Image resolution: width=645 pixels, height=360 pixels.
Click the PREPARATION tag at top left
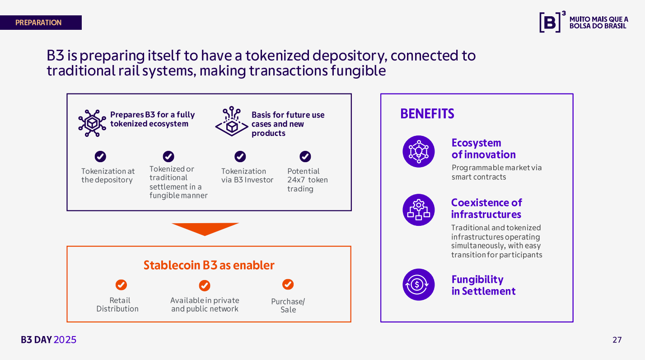tap(41, 23)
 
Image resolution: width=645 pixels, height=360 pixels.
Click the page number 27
tap(617, 340)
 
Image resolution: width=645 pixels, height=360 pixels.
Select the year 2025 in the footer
tap(65, 340)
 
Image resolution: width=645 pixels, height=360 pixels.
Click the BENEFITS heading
tap(427, 114)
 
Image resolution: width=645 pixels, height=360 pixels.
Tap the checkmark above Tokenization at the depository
tap(100, 156)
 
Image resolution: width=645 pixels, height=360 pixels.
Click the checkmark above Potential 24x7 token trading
tap(305, 156)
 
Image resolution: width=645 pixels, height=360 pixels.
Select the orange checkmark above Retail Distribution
tap(121, 285)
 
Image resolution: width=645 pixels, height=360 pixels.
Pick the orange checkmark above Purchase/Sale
tap(288, 284)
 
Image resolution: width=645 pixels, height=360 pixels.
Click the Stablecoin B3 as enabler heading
tap(209, 265)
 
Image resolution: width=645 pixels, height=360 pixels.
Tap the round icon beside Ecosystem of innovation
tap(419, 151)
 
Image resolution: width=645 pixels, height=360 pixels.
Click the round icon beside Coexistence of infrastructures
tap(419, 210)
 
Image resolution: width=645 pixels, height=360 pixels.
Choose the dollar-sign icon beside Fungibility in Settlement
tap(419, 285)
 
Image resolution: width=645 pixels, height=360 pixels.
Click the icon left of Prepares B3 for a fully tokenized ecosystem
tap(92, 123)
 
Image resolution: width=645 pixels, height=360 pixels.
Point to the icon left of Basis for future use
tap(232, 121)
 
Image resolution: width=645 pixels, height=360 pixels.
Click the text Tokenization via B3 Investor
tap(247, 175)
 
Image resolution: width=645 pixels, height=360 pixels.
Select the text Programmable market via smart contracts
tap(496, 172)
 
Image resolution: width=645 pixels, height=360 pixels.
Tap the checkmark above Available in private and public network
tap(205, 285)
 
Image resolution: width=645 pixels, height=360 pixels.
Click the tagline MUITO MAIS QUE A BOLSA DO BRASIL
tap(598, 23)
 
